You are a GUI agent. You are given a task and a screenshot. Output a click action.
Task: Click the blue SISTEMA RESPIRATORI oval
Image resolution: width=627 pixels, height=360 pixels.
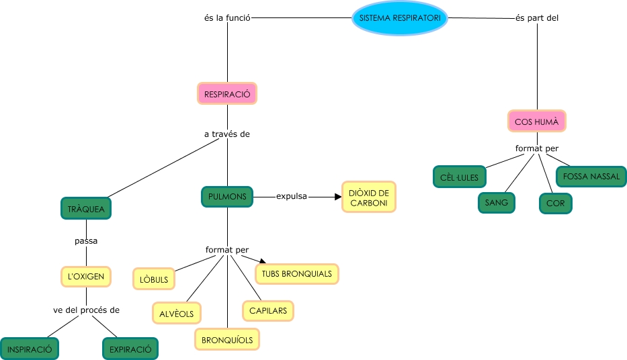(400, 18)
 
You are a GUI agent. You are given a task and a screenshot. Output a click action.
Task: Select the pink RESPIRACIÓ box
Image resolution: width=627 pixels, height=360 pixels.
(227, 94)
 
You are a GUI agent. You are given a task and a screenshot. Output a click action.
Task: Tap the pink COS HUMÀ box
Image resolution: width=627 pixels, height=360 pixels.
(536, 122)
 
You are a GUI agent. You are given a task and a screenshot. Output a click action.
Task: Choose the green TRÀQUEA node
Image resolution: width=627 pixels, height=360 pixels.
(86, 209)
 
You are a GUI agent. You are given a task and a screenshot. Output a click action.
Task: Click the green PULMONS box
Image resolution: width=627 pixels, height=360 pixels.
(227, 197)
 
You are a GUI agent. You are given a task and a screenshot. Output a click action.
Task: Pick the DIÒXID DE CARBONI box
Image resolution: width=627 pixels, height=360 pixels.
(368, 197)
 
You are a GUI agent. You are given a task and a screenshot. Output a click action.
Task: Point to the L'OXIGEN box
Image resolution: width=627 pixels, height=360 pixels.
(85, 276)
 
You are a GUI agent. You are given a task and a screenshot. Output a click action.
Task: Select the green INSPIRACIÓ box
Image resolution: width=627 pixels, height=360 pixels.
(30, 349)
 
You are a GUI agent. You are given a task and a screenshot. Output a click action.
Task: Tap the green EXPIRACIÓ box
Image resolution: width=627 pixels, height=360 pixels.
(130, 349)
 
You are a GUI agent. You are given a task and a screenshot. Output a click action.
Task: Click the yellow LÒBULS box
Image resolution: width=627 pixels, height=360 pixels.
(154, 279)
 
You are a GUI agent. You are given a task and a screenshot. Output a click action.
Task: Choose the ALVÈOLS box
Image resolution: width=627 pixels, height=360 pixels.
(177, 314)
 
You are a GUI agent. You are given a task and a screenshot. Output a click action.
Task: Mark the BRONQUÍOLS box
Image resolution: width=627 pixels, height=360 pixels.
(227, 340)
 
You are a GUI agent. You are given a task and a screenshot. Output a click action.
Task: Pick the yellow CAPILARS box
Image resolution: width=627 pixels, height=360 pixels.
(268, 311)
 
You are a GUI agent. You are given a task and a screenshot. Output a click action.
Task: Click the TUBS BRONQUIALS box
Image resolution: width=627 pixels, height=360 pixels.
(297, 274)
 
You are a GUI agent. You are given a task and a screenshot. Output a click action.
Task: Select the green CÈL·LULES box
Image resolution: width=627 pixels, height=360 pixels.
(460, 177)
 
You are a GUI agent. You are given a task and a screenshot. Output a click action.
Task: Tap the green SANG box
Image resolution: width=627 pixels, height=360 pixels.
(497, 202)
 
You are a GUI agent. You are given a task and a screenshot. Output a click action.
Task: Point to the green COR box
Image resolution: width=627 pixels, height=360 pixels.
(555, 204)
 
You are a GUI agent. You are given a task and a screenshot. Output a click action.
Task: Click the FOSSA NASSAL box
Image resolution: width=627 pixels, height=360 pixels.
(591, 177)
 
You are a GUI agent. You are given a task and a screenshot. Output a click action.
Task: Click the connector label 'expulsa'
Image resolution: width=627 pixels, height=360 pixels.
(292, 196)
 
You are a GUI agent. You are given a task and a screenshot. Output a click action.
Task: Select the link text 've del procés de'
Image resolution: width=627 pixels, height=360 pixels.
(86, 310)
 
